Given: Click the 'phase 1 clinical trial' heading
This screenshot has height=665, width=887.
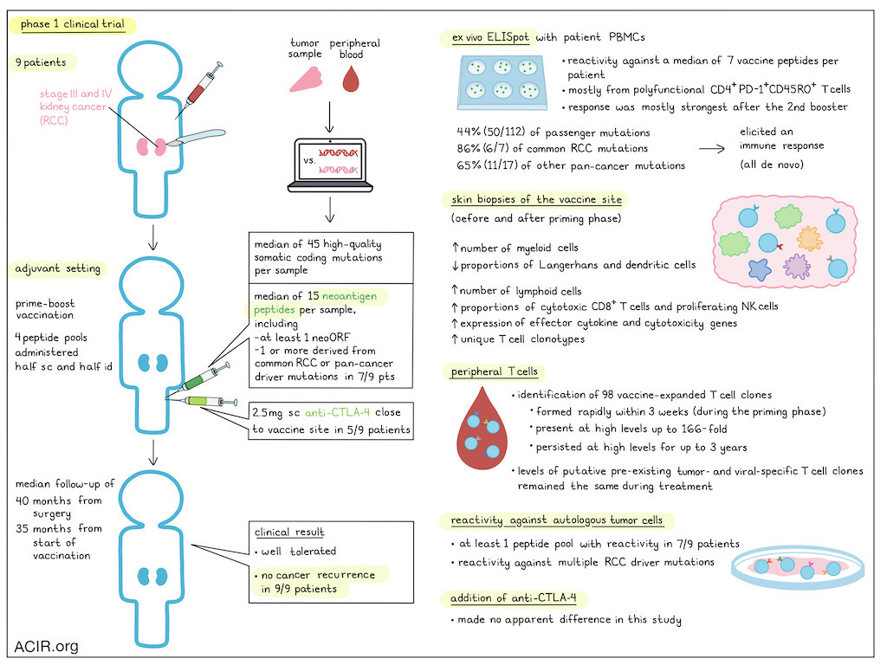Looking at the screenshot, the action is tap(73, 24).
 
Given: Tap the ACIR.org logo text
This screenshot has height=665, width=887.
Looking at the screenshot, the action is tap(47, 646).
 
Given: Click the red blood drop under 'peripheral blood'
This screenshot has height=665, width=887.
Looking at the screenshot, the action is tap(351, 79).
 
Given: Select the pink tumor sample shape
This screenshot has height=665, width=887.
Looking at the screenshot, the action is tap(306, 80).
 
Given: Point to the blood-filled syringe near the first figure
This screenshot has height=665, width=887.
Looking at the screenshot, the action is tap(198, 89).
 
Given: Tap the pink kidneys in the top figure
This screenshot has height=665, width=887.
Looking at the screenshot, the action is tap(151, 147).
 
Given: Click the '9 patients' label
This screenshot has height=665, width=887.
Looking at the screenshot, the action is tap(41, 62).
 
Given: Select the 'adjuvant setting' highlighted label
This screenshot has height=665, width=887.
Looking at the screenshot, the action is tap(58, 268).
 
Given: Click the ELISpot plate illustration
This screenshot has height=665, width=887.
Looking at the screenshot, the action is tap(502, 81).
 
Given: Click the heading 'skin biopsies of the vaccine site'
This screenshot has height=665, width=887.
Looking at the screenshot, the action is tap(536, 199).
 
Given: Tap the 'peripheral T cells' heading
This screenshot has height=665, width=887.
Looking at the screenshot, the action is tap(495, 371).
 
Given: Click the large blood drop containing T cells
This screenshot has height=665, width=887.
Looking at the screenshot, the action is tap(482, 429).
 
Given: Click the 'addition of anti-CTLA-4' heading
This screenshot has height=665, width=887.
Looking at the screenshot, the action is tap(513, 597).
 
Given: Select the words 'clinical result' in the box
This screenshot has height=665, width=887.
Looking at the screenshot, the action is tap(289, 533).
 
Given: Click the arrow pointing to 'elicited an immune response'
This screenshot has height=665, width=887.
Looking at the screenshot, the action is tap(712, 149).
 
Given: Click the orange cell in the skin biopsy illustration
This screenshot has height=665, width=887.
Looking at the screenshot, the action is tap(810, 238).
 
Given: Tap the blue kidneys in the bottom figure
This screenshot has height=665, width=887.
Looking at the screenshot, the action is tap(152, 576).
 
